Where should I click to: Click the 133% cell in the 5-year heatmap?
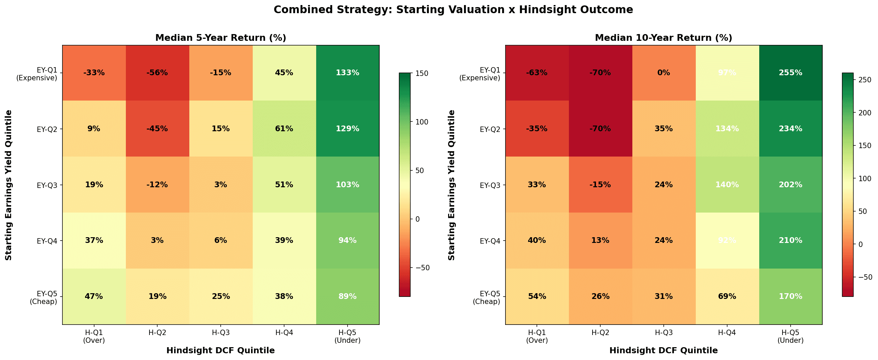[x=347, y=73]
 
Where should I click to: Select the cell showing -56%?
[x=157, y=73]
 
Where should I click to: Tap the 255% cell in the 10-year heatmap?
[x=790, y=73]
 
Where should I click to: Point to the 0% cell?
[x=664, y=73]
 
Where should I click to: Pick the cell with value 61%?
[x=284, y=129]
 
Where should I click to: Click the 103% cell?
[x=347, y=185]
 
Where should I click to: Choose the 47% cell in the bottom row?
[x=94, y=296]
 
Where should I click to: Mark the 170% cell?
[x=790, y=296]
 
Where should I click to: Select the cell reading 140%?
[x=727, y=185]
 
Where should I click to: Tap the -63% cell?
[x=537, y=73]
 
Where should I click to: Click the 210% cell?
[x=790, y=240]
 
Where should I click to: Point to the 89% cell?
[x=347, y=296]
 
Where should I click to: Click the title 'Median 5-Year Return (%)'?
[x=221, y=38]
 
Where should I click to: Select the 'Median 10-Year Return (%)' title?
[x=664, y=38]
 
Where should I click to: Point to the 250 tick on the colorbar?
[x=866, y=80]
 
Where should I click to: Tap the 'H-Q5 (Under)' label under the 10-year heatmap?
[x=790, y=336]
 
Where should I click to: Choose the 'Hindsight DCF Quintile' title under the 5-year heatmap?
[x=221, y=351]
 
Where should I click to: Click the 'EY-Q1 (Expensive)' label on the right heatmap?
[x=479, y=74]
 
